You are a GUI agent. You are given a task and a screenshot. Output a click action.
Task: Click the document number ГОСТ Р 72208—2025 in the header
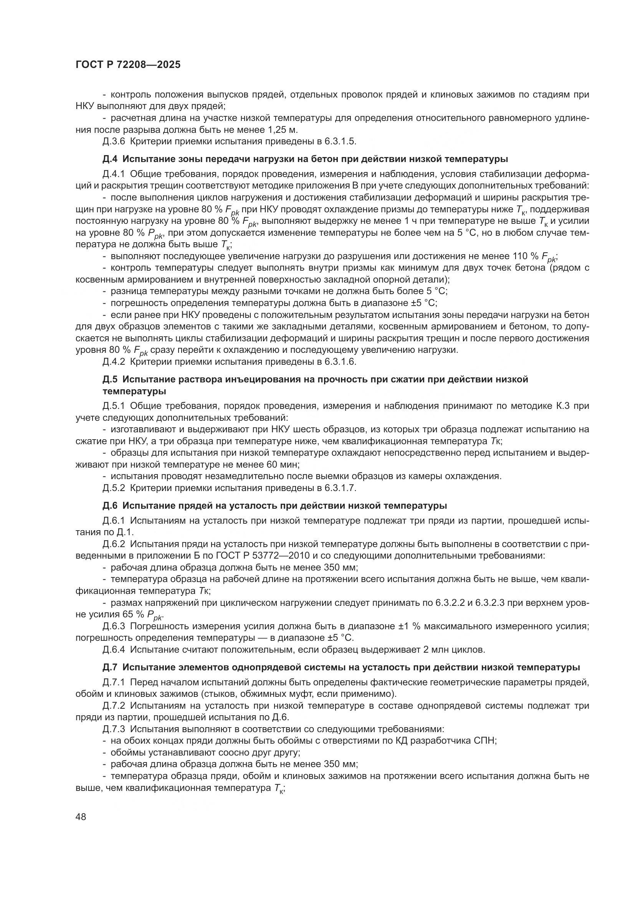(128, 65)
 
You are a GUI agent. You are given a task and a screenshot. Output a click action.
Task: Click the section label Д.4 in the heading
(110, 159)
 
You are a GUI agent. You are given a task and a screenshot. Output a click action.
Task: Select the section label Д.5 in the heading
(110, 379)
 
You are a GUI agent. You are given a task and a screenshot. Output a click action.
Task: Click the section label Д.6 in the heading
(110, 505)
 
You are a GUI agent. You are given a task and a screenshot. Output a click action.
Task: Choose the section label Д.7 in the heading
(110, 667)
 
